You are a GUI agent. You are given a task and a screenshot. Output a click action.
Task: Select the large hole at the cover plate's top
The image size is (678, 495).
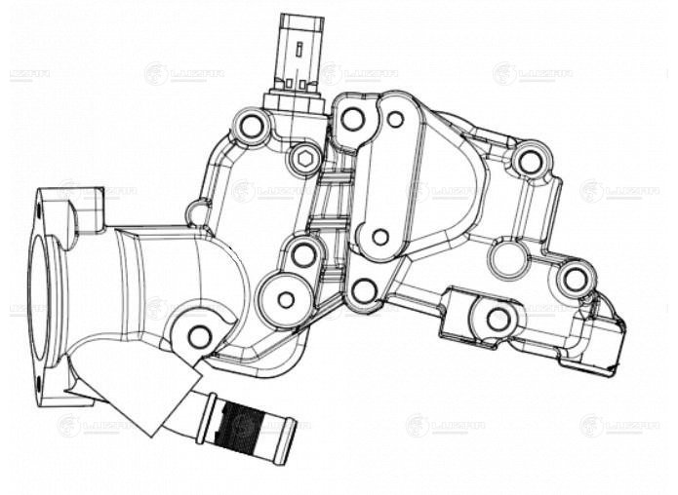tap(352, 119)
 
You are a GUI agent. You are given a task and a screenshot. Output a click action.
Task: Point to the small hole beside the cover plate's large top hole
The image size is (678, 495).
tap(395, 119)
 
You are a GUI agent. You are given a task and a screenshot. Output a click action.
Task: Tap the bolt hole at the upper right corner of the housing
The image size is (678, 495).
tap(529, 160)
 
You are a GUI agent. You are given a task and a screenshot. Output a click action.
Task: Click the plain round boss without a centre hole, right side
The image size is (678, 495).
tap(507, 258)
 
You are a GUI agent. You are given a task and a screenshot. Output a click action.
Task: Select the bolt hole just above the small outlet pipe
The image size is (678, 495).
tap(199, 337)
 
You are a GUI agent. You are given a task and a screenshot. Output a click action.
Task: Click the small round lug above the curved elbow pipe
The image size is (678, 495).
tap(198, 212)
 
